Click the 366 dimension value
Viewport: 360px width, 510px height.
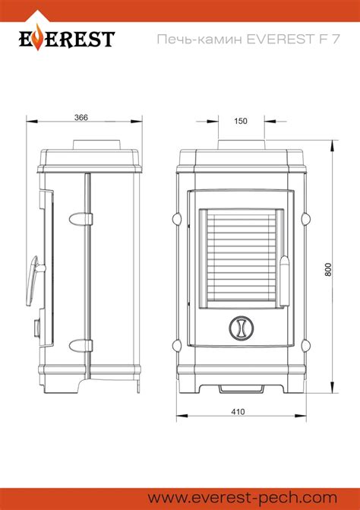point(81,117)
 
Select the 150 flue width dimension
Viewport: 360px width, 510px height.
point(241,121)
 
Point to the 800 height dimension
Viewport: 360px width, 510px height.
point(329,270)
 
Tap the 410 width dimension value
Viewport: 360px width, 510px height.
point(238,412)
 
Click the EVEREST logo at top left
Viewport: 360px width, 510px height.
point(67,38)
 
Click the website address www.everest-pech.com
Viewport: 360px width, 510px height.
point(242,498)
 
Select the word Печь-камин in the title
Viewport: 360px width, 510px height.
point(200,39)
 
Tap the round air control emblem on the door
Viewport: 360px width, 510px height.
point(241,328)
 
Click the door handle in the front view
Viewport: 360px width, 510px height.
point(284,281)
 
